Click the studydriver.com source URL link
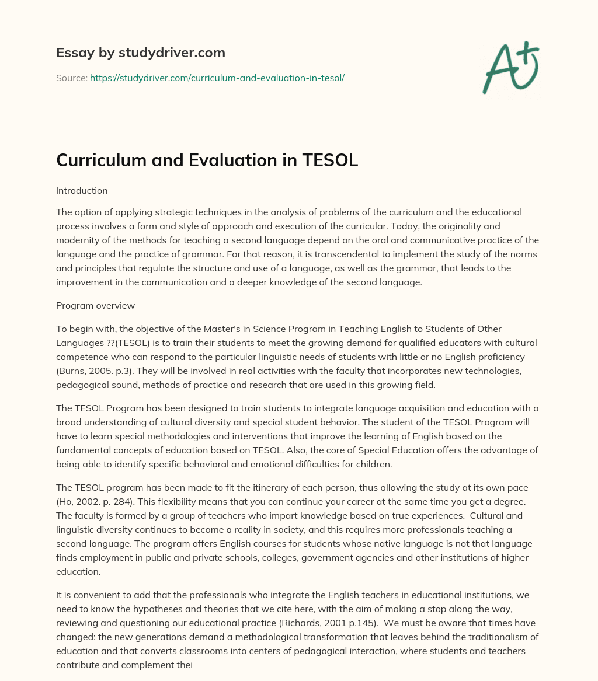[x=217, y=78]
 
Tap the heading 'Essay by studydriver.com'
[x=140, y=53]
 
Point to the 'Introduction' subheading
[x=82, y=190]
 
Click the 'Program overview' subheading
[x=95, y=306]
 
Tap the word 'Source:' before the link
[x=72, y=78]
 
